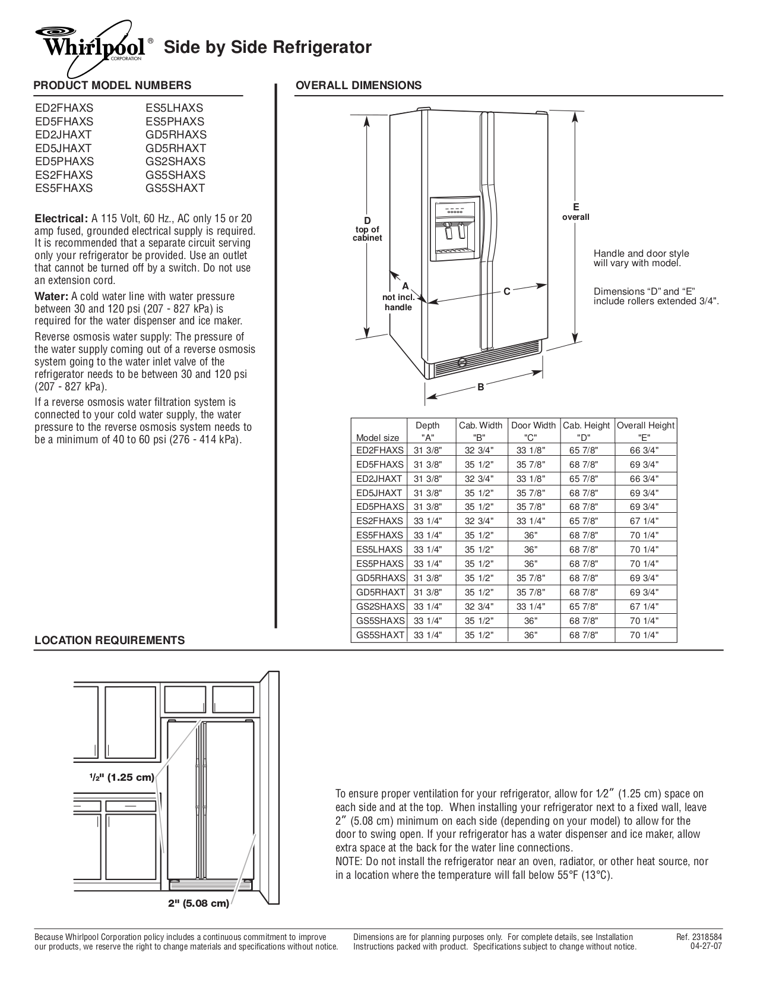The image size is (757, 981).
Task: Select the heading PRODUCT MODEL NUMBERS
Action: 112,85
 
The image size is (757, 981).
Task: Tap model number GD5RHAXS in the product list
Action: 176,135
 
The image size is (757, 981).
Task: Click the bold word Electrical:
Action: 61,218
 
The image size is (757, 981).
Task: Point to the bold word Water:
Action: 51,296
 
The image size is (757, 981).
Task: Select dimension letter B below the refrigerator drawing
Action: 481,387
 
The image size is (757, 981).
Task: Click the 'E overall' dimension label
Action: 575,212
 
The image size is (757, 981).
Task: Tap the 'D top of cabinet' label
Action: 367,229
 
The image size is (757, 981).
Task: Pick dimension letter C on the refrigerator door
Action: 506,291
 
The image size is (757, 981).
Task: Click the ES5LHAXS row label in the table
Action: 379,550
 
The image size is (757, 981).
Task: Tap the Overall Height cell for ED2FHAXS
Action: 644,450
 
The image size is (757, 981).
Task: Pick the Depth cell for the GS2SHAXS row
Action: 427,607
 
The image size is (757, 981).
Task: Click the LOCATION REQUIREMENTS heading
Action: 110,640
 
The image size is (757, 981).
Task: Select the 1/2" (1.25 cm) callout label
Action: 122,777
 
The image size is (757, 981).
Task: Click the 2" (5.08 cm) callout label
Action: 198,904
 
